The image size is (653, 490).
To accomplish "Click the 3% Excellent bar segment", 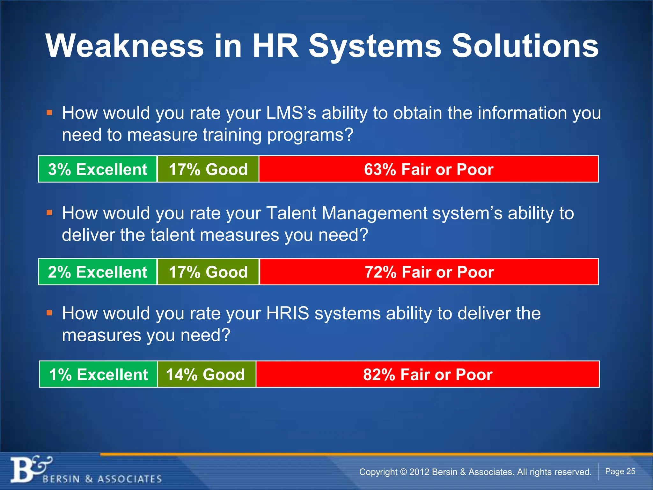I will pyautogui.click(x=98, y=169).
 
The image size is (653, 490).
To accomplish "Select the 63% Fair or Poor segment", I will pyautogui.click(x=429, y=169).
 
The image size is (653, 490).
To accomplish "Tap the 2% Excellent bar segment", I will pyautogui.click(x=98, y=272).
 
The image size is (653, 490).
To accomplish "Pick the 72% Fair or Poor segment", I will pyautogui.click(x=429, y=272).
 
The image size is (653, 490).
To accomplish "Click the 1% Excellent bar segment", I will pyautogui.click(x=98, y=374).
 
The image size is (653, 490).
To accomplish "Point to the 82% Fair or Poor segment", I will pyautogui.click(x=428, y=374).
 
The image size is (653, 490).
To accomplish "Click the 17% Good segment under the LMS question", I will pyautogui.click(x=208, y=169).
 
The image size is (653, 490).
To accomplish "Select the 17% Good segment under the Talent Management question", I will pyautogui.click(x=208, y=272).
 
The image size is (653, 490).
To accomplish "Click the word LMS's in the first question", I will pyautogui.click(x=291, y=113).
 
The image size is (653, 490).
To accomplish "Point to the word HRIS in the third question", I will pyautogui.click(x=287, y=313).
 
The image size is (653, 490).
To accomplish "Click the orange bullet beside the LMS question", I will pyautogui.click(x=49, y=113).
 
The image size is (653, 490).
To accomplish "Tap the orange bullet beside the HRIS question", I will pyautogui.click(x=49, y=313).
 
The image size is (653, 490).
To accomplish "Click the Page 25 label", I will pyautogui.click(x=620, y=471).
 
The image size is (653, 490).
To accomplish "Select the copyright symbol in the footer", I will pyautogui.click(x=403, y=472).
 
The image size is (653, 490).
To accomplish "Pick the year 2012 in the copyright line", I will pyautogui.click(x=419, y=472).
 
